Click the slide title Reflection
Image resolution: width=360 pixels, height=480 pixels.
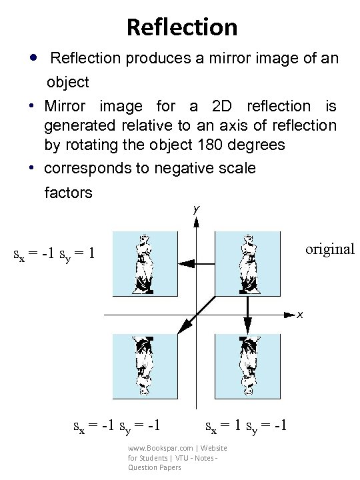click(181, 27)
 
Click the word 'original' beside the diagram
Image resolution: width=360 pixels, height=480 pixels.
click(329, 249)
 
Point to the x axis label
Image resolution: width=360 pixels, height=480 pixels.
click(301, 313)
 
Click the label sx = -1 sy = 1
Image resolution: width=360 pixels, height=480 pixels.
click(55, 254)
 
